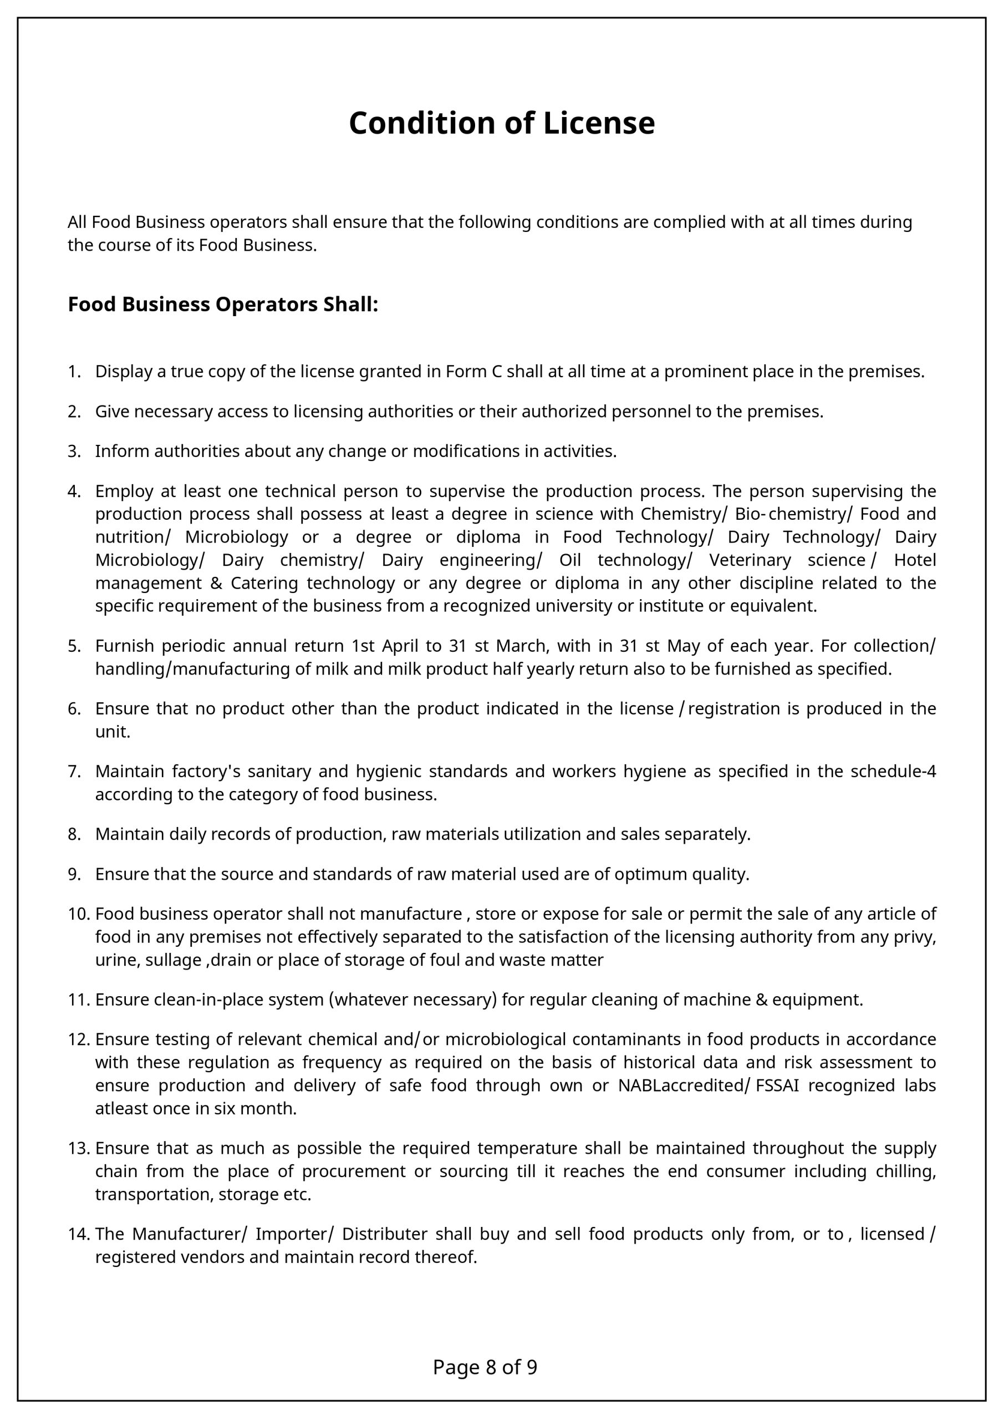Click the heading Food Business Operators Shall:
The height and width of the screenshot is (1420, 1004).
pos(222,305)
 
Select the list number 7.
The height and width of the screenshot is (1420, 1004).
pos(74,771)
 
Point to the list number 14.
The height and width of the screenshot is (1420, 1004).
pos(79,1233)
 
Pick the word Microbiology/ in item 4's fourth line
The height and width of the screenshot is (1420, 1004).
pos(150,560)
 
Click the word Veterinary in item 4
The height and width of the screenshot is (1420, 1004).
pos(750,560)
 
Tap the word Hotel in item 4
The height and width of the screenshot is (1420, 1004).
pos(915,560)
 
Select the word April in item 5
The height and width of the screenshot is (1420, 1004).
pos(400,646)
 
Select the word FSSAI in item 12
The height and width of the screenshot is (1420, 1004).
pos(778,1086)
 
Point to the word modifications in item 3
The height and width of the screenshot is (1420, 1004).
pos(466,451)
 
